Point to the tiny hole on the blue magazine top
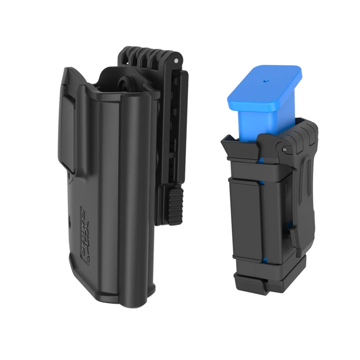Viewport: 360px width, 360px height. pos(265,81)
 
